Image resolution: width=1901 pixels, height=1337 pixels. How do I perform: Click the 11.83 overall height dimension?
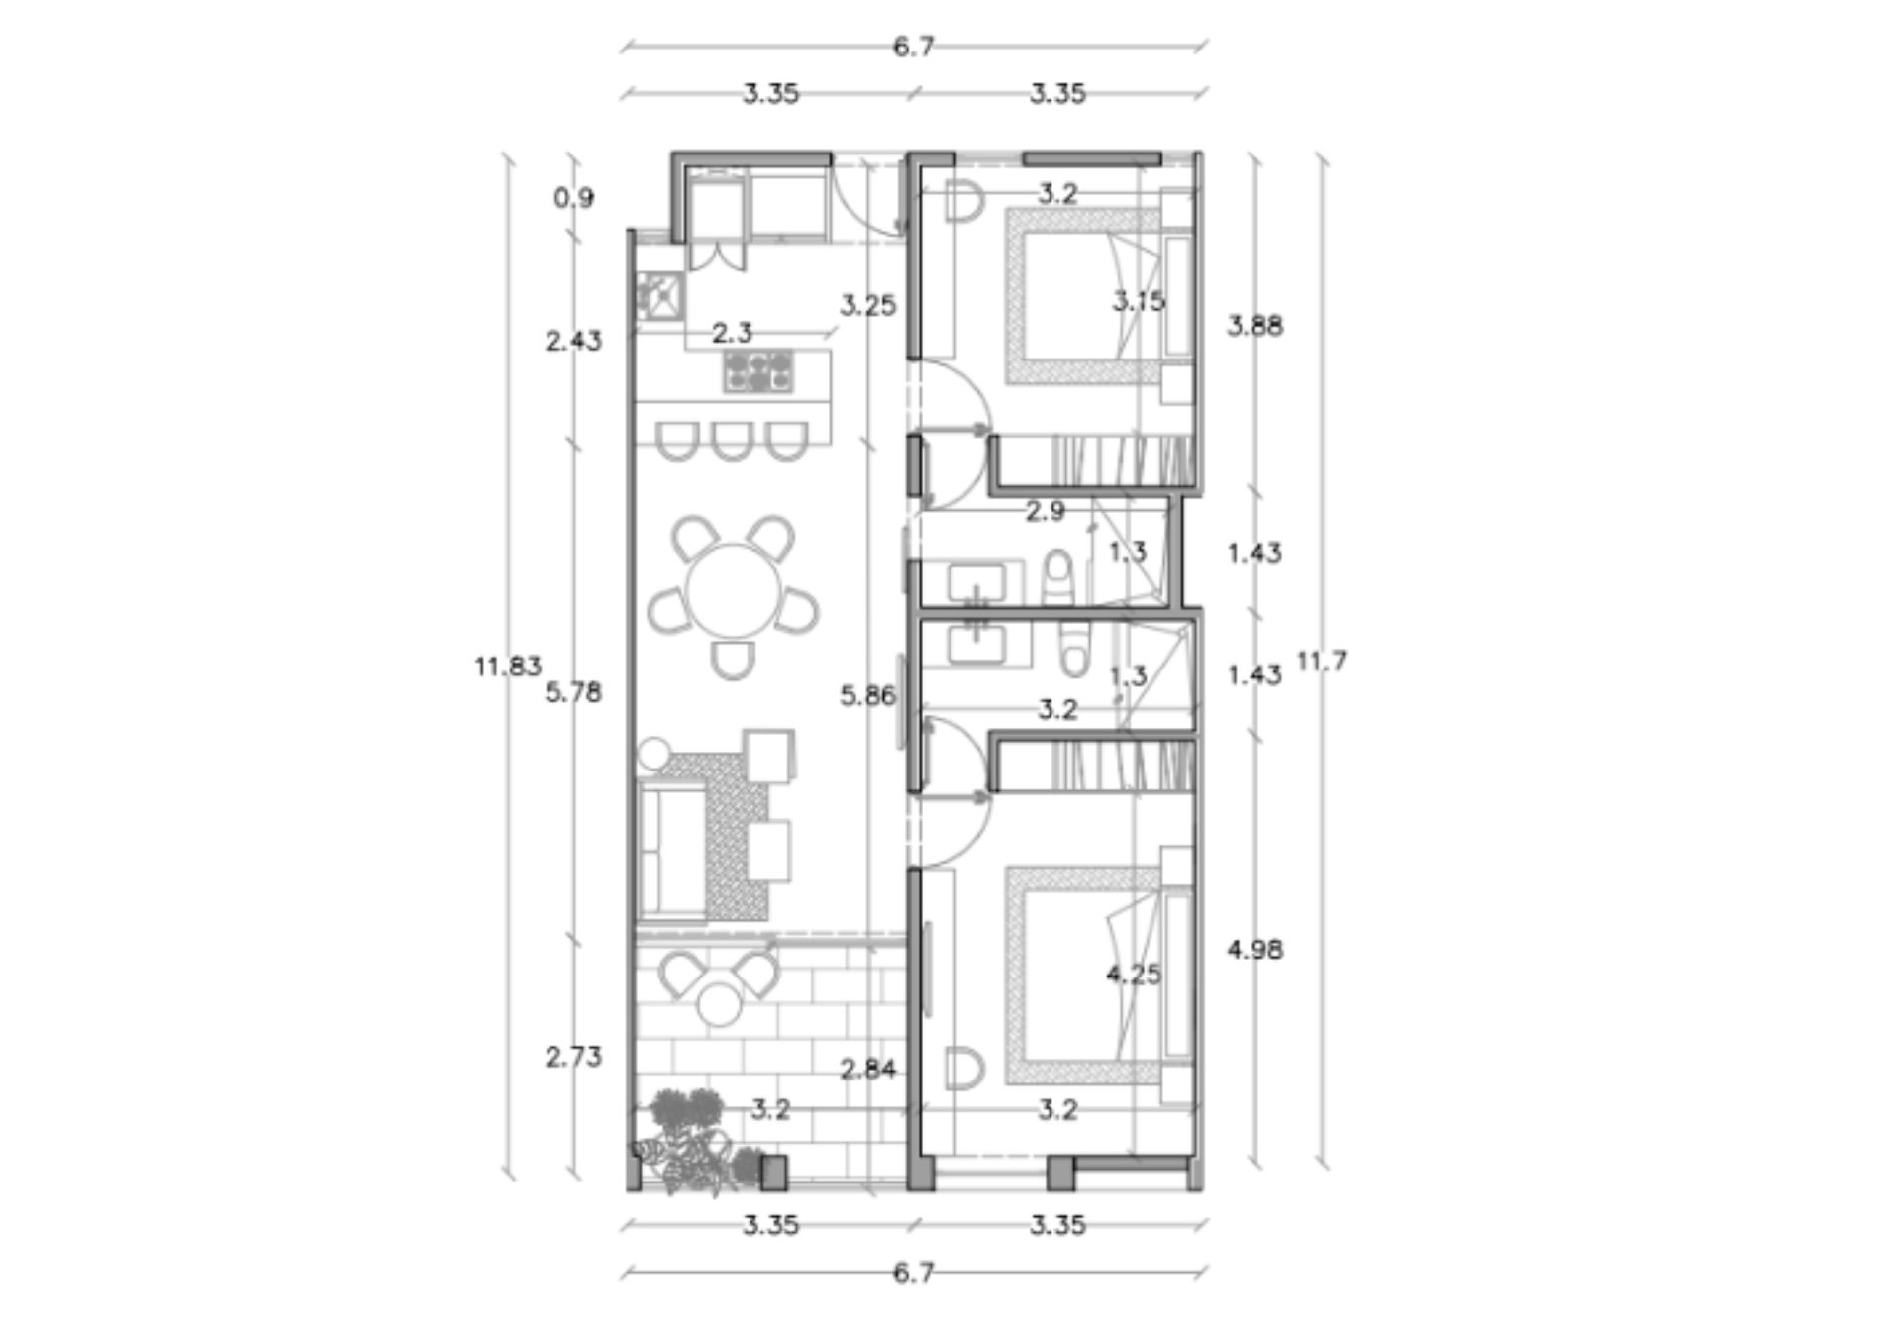click(x=508, y=667)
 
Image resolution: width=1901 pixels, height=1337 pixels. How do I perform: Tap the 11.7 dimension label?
click(x=1322, y=661)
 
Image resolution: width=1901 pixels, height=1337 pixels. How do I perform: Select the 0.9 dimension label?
click(x=574, y=198)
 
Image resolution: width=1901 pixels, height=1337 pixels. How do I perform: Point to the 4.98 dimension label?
click(x=1255, y=950)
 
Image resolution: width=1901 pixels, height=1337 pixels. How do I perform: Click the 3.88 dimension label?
click(x=1255, y=326)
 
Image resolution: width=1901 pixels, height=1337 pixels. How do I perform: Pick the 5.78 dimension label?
click(x=574, y=692)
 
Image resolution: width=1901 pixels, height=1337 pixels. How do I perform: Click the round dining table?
click(x=734, y=592)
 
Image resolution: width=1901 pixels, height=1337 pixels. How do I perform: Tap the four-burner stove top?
click(x=758, y=371)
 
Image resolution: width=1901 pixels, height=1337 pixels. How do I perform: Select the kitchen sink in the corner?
click(x=658, y=295)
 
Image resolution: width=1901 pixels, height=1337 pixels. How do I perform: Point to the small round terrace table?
click(x=719, y=1005)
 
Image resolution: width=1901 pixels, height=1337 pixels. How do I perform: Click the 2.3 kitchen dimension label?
click(x=733, y=334)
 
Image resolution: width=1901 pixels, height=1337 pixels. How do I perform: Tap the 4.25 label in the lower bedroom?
click(x=1134, y=975)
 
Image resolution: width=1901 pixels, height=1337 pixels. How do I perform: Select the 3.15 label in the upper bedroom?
click(x=1139, y=301)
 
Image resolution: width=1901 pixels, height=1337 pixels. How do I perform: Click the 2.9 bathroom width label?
click(x=1046, y=512)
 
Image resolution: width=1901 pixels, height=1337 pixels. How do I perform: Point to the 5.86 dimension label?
click(x=868, y=696)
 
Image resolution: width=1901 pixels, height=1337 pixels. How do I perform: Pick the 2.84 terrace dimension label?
click(x=868, y=1069)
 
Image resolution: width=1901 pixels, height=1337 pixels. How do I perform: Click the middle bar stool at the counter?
click(x=732, y=442)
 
